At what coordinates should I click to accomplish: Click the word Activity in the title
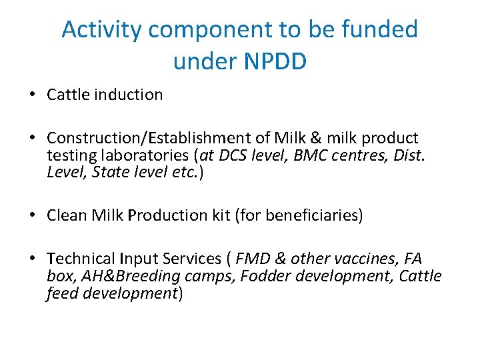tap(101, 30)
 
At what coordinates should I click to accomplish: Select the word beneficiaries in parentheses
tap(314, 215)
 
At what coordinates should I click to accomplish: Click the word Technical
tap(80, 259)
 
